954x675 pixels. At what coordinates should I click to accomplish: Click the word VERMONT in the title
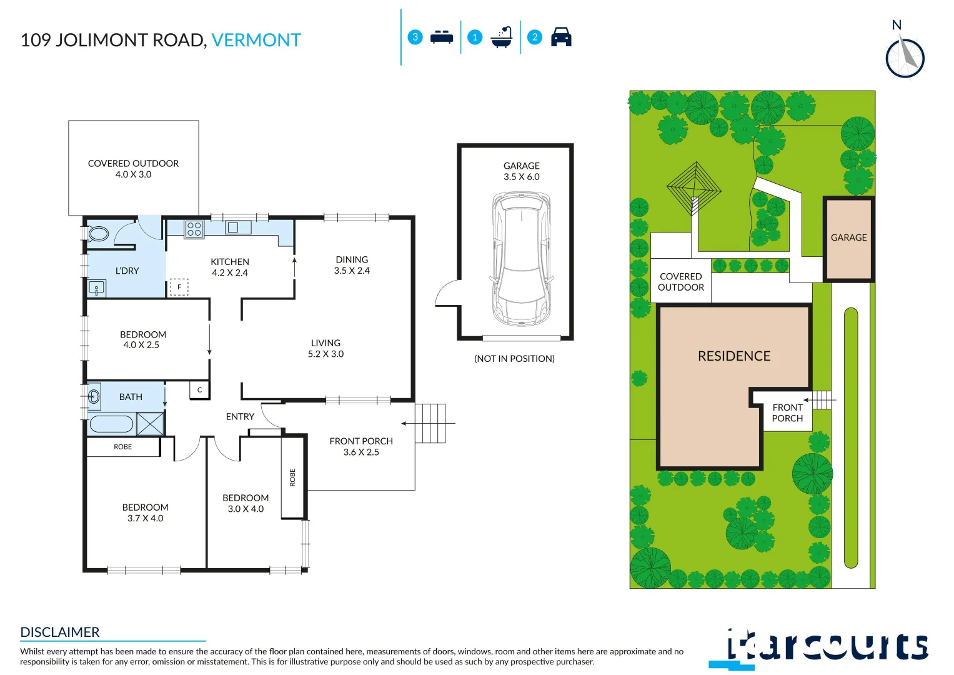point(256,40)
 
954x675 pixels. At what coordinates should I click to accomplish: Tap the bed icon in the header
point(442,37)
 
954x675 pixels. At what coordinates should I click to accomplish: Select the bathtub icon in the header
point(502,37)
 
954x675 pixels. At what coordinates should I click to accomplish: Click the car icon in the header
point(561,37)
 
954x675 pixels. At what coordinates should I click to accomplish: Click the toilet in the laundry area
point(97,234)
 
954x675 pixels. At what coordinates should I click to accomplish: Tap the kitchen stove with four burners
point(194,229)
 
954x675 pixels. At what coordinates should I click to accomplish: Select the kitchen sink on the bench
point(233,227)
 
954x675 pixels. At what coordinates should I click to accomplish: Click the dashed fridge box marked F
point(179,287)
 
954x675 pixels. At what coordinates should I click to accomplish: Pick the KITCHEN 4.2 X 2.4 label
point(230,267)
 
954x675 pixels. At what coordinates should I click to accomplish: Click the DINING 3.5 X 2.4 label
point(352,265)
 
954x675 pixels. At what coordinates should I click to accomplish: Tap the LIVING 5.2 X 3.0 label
point(325,348)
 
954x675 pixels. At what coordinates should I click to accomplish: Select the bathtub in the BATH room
point(111,424)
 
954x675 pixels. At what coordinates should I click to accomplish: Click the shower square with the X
point(150,424)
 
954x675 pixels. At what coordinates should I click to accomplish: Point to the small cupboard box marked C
point(199,390)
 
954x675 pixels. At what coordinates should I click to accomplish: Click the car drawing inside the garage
point(522,259)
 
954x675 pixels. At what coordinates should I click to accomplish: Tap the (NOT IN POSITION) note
point(514,359)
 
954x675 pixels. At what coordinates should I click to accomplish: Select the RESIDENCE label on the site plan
point(734,356)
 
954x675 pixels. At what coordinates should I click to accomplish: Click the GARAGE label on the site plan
point(848,237)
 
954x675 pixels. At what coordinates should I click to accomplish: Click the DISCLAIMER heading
point(60,632)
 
